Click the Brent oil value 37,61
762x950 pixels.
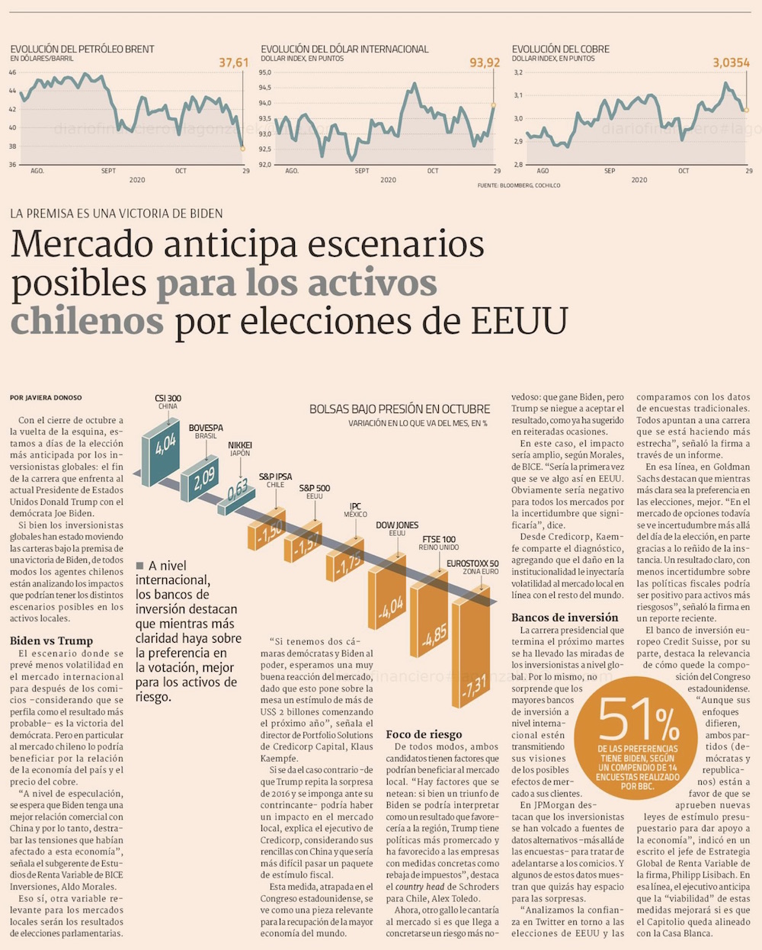click(233, 63)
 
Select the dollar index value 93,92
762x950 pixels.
click(485, 63)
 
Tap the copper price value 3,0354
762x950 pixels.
click(731, 63)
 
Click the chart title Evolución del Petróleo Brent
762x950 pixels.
click(82, 49)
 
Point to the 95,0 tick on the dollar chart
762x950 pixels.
click(265, 72)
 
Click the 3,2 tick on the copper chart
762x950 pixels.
click(518, 72)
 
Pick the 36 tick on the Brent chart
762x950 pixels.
click(12, 165)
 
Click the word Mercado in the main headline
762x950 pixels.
click(81, 245)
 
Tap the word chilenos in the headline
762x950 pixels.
click(87, 321)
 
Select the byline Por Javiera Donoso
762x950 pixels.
click(46, 397)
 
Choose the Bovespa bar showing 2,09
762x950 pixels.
click(203, 479)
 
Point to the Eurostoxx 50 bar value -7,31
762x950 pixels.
click(474, 686)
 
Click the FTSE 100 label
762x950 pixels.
click(439, 539)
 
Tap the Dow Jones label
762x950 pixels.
click(397, 525)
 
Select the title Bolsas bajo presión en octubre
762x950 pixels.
click(399, 409)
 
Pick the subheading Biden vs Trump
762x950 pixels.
click(51, 640)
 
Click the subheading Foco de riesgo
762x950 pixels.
click(424, 734)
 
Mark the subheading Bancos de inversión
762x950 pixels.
click(565, 618)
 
